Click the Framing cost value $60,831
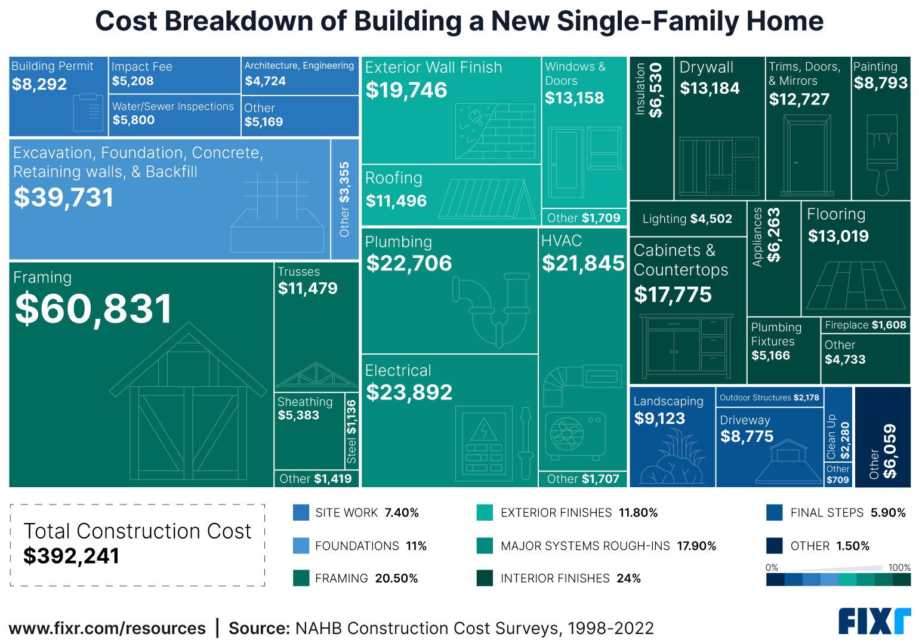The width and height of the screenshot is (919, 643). [94, 309]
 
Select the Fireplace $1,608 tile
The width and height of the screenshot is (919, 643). [865, 325]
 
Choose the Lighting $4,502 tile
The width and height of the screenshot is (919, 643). [687, 219]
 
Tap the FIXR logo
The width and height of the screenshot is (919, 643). [874, 622]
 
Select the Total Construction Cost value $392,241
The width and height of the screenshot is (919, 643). [72, 556]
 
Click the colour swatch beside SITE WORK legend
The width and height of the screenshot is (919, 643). [301, 513]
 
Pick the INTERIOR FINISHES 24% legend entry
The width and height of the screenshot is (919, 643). [559, 579]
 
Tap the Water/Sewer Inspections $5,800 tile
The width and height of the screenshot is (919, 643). [174, 113]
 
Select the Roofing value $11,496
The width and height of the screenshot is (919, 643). [396, 201]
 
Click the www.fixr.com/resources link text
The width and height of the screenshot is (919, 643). [107, 628]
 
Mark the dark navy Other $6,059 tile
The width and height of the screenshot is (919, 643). [883, 438]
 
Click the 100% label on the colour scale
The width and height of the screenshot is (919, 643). [899, 568]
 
